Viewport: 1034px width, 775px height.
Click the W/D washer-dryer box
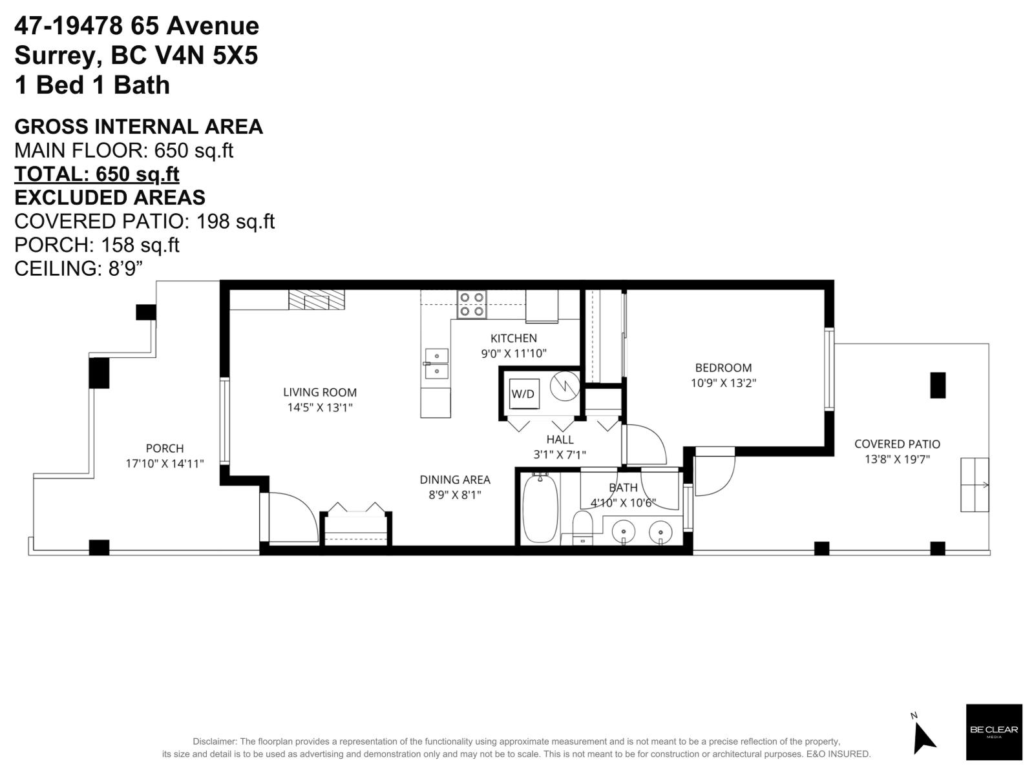(x=523, y=393)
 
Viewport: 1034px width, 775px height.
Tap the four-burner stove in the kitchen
(x=471, y=304)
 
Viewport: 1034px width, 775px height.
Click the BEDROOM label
(x=723, y=367)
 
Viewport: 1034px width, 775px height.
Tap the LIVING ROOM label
(x=320, y=392)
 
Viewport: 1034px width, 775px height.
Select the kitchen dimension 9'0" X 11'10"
(x=514, y=353)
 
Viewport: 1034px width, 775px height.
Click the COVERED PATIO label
(x=897, y=444)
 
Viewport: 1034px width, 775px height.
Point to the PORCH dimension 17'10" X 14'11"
(x=165, y=463)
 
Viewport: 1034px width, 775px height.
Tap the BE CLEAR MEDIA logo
(x=993, y=731)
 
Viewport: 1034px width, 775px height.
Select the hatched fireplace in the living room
(x=316, y=300)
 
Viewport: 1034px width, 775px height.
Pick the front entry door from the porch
(x=291, y=517)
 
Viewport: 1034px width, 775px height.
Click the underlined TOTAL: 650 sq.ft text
(x=97, y=174)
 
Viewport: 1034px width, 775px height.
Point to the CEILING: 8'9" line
(x=78, y=268)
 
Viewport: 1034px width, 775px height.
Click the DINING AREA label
(x=455, y=479)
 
